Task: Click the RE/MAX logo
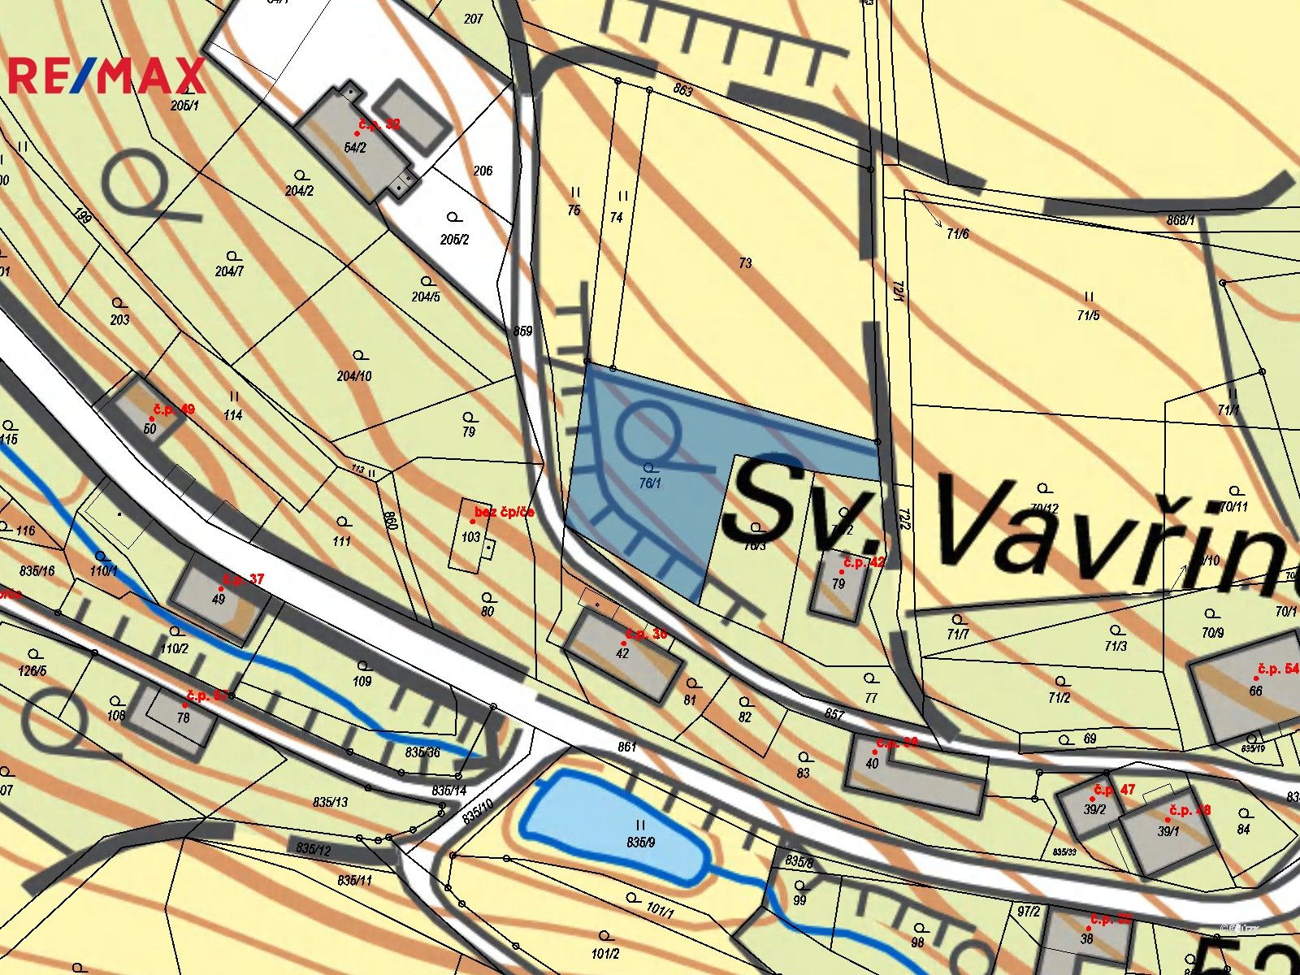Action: (106, 76)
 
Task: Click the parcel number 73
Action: (745, 263)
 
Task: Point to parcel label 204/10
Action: (354, 375)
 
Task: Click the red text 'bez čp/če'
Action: (504, 513)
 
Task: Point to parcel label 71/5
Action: (1088, 315)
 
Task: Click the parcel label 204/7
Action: (229, 271)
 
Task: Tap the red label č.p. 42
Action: (864, 562)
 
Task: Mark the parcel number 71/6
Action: (958, 234)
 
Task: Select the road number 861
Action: (626, 747)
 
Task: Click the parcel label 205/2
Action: (454, 239)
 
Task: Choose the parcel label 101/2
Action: (605, 954)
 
